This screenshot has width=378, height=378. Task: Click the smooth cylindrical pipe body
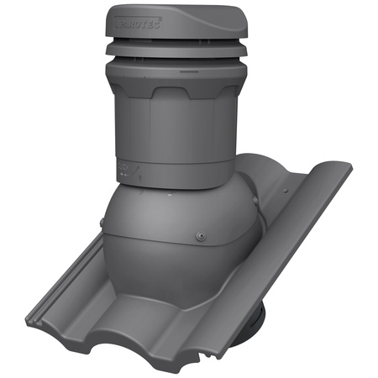168,134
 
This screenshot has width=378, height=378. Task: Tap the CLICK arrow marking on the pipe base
126,167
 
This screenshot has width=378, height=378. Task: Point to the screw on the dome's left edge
102,224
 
